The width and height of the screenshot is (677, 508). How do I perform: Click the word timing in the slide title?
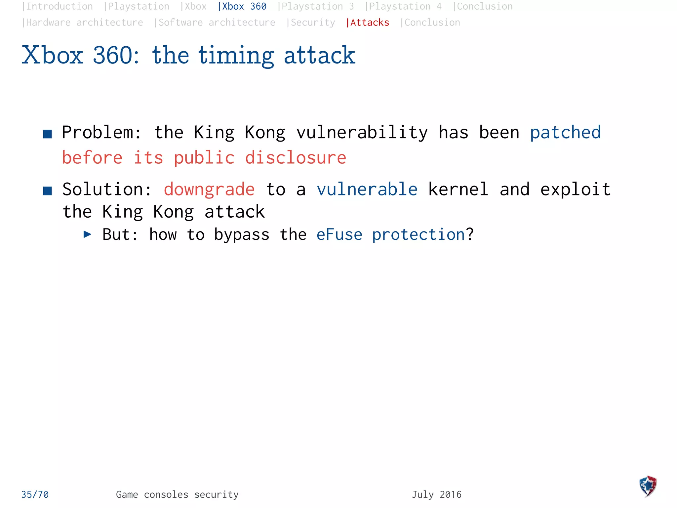pyautogui.click(x=236, y=55)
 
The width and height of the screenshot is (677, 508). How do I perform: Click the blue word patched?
pyautogui.click(x=565, y=133)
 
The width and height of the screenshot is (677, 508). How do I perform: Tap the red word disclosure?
pyautogui.click(x=296, y=157)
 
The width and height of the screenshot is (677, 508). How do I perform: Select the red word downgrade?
pyautogui.click(x=209, y=190)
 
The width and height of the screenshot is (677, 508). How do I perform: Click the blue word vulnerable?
pyautogui.click(x=367, y=190)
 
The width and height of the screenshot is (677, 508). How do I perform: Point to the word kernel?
pyautogui.click(x=458, y=190)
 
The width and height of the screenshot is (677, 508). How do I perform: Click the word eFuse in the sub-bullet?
pyautogui.click(x=339, y=235)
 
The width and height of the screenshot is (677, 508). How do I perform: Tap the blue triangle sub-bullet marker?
pyautogui.click(x=87, y=234)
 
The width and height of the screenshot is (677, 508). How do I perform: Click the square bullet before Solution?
pyautogui.click(x=48, y=191)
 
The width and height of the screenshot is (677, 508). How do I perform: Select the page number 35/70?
pyautogui.click(x=35, y=494)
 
